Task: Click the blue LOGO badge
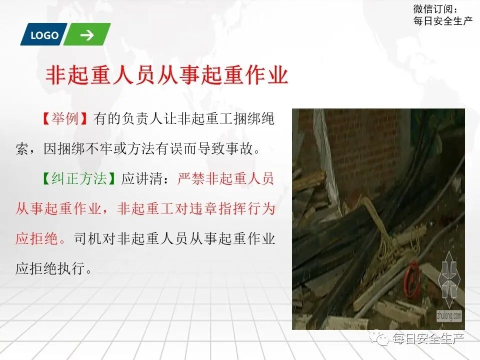click(x=44, y=35)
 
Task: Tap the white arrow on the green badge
click(x=87, y=35)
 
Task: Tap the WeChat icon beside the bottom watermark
click(x=382, y=339)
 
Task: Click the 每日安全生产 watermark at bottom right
click(x=428, y=339)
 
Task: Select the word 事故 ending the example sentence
click(x=248, y=149)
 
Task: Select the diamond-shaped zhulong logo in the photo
click(x=449, y=282)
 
